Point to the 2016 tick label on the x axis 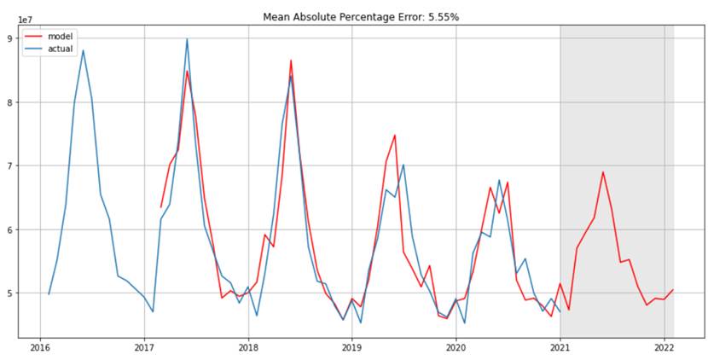tap(39, 348)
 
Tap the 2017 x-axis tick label tap(143, 348)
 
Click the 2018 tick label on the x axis tap(247, 348)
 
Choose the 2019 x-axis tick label tap(351, 348)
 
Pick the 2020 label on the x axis tap(456, 348)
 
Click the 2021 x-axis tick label tap(560, 348)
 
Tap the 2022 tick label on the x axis tap(664, 348)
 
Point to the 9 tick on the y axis tap(9, 38)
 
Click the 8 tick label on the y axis tap(9, 102)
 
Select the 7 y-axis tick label tap(9, 165)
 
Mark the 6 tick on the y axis tap(9, 229)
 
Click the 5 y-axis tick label tap(9, 293)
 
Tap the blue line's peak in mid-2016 tap(83, 50)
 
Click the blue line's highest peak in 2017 tap(187, 38)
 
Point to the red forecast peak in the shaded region tap(603, 172)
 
